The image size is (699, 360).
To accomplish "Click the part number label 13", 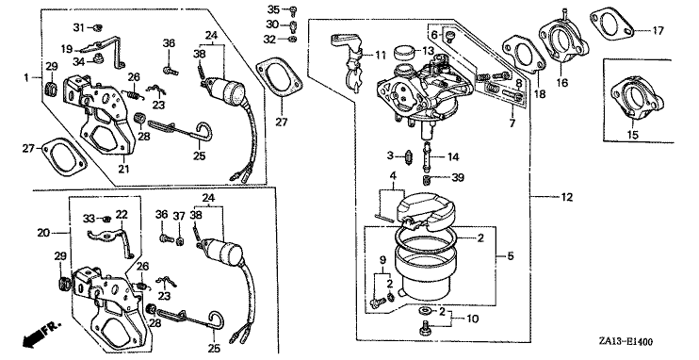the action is pyautogui.click(x=429, y=51).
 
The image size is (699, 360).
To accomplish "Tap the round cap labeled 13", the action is pyautogui.click(x=405, y=52).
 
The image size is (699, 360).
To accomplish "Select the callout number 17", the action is pyautogui.click(x=658, y=31).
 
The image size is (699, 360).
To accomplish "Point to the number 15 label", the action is pyautogui.click(x=633, y=134).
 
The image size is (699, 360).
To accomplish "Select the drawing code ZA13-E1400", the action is pyautogui.click(x=626, y=342).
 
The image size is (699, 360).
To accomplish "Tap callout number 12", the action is pyautogui.click(x=566, y=197).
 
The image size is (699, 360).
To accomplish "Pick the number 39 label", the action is pyautogui.click(x=458, y=177).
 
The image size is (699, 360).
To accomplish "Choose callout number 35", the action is pyautogui.click(x=273, y=8).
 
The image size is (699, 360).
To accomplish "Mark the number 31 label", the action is pyautogui.click(x=78, y=27).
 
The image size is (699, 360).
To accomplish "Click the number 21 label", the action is pyautogui.click(x=123, y=169).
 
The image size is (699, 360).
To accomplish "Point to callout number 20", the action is pyautogui.click(x=43, y=233).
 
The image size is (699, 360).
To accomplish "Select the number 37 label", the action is pyautogui.click(x=179, y=215).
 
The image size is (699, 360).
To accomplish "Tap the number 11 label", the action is pyautogui.click(x=381, y=56).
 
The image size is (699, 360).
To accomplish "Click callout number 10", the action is pyautogui.click(x=472, y=319).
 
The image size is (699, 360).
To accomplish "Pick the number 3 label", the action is pyautogui.click(x=390, y=155).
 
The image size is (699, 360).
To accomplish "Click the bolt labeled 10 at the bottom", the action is pyautogui.click(x=424, y=327).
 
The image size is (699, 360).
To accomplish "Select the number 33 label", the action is pyautogui.click(x=89, y=218).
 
